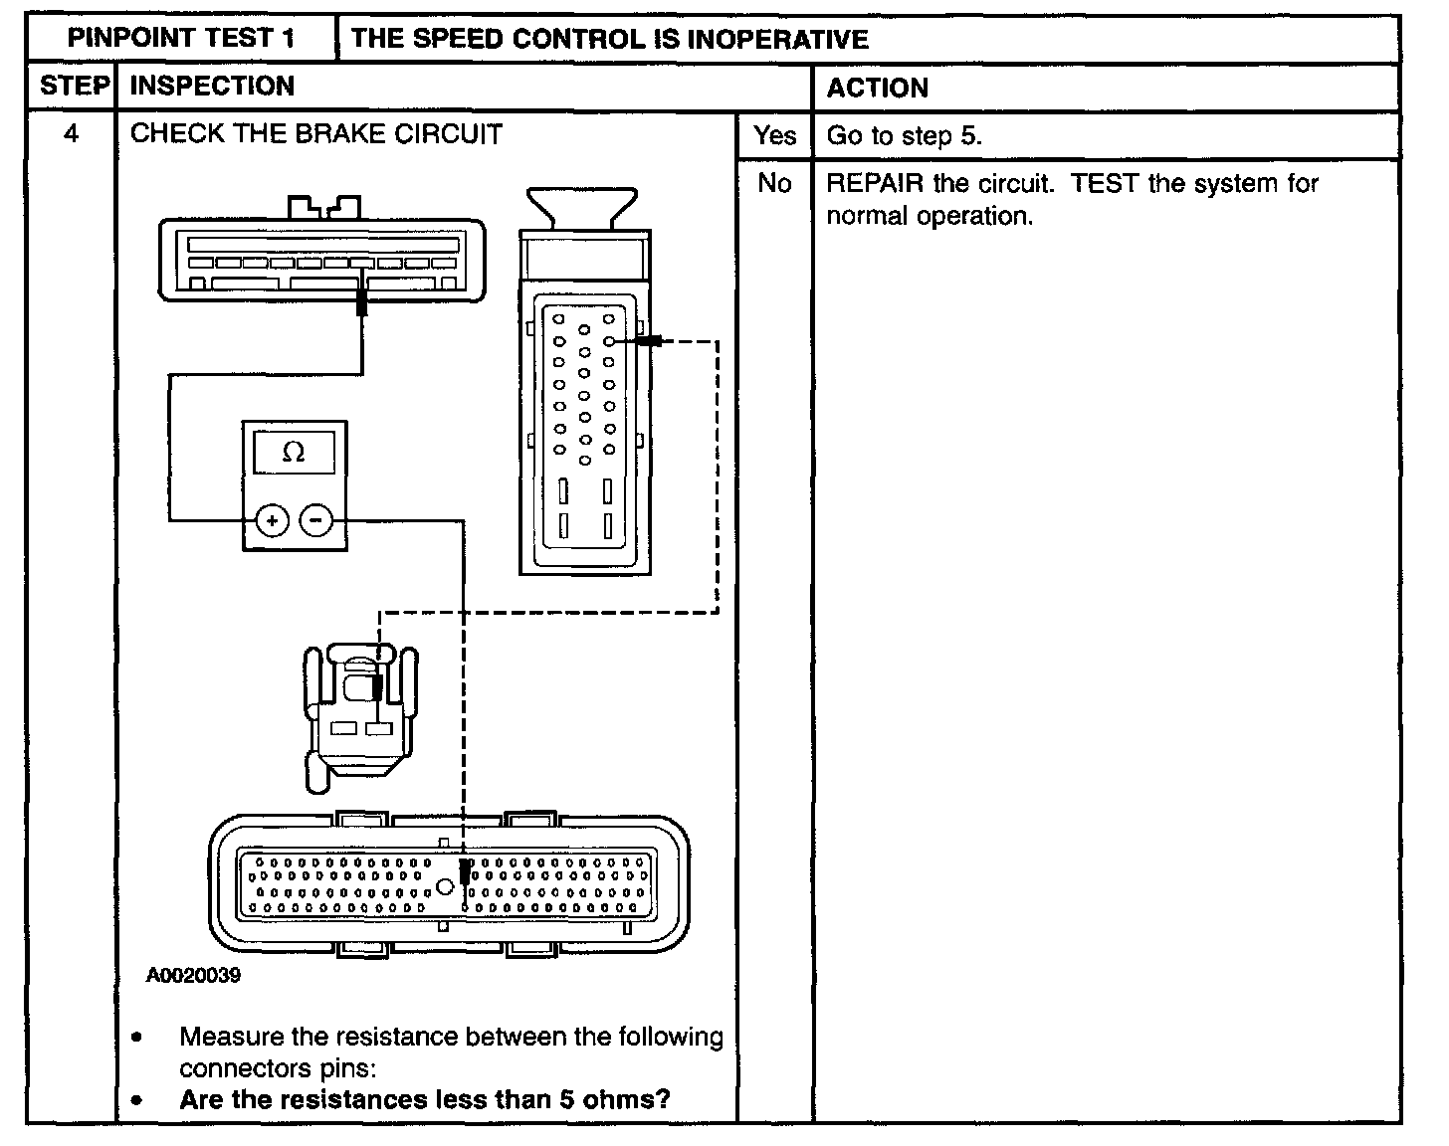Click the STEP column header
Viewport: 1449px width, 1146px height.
tap(73, 87)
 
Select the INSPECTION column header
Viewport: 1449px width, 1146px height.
tap(212, 87)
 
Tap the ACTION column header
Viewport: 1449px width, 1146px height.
tap(877, 88)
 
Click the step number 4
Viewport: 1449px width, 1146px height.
tap(71, 133)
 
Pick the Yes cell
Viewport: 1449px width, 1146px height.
tap(774, 135)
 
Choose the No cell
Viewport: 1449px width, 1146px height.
tap(774, 184)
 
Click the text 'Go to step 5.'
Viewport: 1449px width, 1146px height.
tap(904, 136)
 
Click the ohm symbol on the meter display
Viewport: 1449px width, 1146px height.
tap(294, 453)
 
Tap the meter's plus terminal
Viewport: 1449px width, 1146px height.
tap(272, 519)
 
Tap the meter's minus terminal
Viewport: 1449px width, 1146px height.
tap(316, 519)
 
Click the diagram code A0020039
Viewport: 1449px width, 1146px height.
tap(193, 976)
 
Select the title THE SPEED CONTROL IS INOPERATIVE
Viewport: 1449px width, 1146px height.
tap(609, 39)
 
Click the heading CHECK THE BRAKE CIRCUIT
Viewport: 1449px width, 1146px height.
tap(316, 133)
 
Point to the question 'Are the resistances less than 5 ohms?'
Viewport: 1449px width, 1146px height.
tap(425, 1099)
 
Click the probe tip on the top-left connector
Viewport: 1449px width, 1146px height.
tap(361, 303)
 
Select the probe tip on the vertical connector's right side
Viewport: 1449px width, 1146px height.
tap(650, 341)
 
